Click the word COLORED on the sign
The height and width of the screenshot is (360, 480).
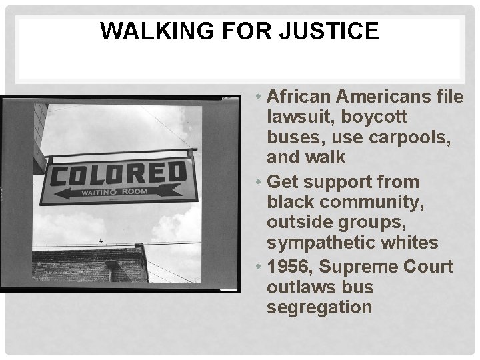pyautogui.click(x=117, y=175)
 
